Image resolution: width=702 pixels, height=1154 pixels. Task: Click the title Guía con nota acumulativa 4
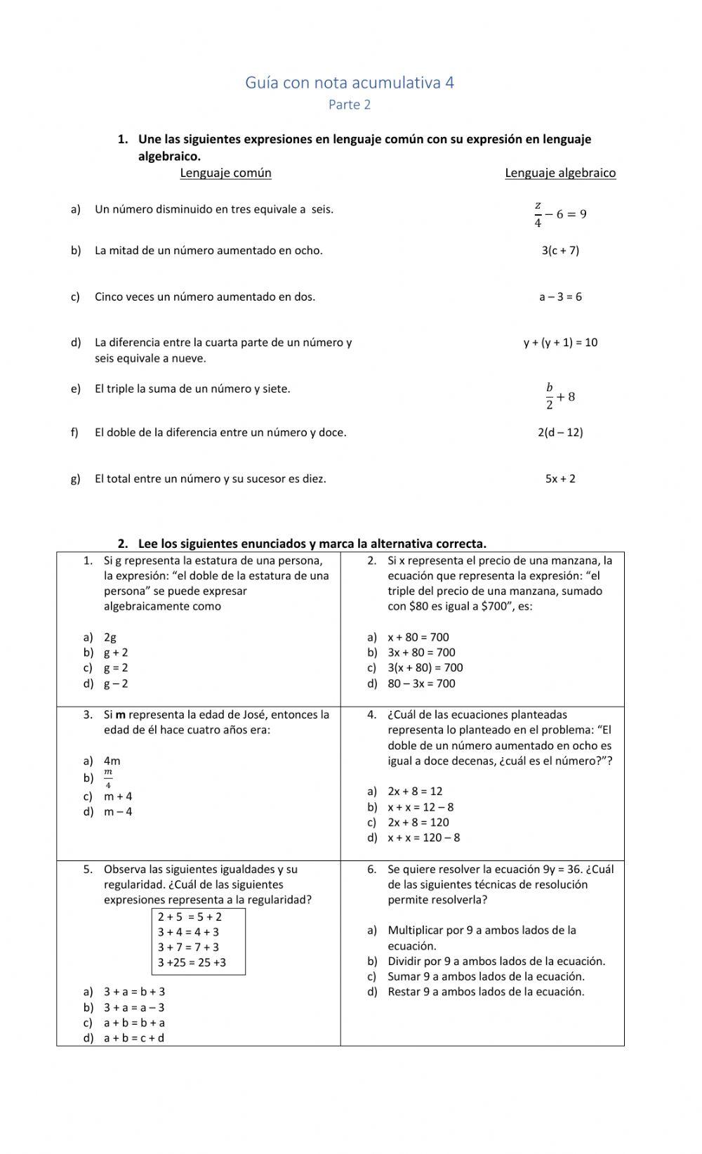coord(350,83)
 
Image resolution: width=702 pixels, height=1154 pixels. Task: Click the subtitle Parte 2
coord(350,105)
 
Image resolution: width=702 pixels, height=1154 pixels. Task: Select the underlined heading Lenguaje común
coord(225,173)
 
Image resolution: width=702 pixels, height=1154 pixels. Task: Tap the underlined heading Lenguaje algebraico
coord(560,173)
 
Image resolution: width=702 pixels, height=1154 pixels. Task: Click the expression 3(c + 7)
coord(560,251)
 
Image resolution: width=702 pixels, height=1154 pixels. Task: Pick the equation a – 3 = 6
coord(560,297)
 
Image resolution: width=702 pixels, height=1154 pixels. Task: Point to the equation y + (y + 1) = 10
coord(560,343)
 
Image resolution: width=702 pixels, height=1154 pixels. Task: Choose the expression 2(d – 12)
coord(560,433)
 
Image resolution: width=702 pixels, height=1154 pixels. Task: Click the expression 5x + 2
coord(560,479)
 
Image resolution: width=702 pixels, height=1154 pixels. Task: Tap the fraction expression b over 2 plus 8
coord(560,397)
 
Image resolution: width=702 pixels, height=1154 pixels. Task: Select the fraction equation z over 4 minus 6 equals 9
coord(560,214)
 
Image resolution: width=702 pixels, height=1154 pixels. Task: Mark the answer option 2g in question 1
coord(110,638)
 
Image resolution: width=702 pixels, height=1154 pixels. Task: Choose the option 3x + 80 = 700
coord(421,653)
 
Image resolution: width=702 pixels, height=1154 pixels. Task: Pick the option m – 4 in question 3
coord(118,812)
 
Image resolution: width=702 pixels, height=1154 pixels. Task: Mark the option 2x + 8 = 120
coord(418,822)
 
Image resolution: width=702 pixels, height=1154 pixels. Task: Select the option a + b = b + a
coord(134,1023)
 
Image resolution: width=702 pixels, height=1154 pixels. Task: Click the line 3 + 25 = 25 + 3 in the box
coord(192,963)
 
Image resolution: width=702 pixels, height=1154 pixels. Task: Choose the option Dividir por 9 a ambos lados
coord(496,962)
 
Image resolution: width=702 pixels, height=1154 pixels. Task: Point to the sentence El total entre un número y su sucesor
coord(210,479)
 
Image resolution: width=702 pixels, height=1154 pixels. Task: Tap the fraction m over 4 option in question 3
coord(108,778)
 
